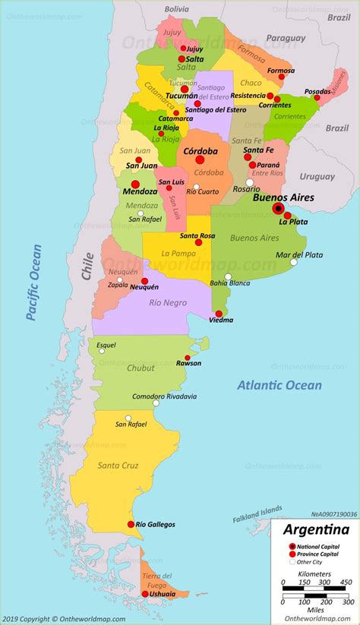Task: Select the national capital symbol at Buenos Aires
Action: pyautogui.click(x=279, y=209)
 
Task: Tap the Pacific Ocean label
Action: pyautogui.click(x=33, y=283)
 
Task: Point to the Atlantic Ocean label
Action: pyautogui.click(x=279, y=385)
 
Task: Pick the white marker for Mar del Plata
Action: pyautogui.click(x=294, y=262)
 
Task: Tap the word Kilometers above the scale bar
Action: pyautogui.click(x=313, y=575)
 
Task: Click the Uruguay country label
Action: pyautogui.click(x=317, y=176)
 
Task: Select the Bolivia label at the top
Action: pyautogui.click(x=176, y=8)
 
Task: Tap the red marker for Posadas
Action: pyautogui.click(x=317, y=98)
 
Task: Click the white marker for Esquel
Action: pyautogui.click(x=99, y=351)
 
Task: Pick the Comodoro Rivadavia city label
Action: pyautogui.click(x=164, y=396)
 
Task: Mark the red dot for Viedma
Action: pyautogui.click(x=219, y=313)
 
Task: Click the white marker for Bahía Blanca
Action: pyautogui.click(x=228, y=276)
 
